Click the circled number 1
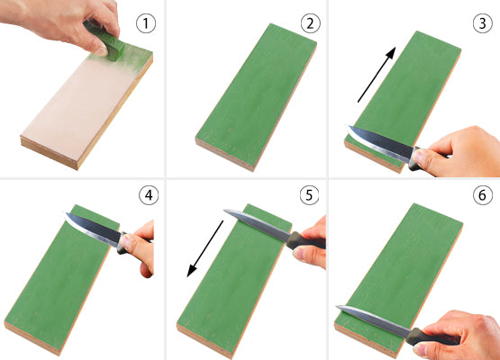tap(142, 22)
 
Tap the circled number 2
tap(310, 22)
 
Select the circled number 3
tap(477, 22)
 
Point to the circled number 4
tap(142, 193)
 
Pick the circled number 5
tap(310, 193)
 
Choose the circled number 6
tap(477, 193)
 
